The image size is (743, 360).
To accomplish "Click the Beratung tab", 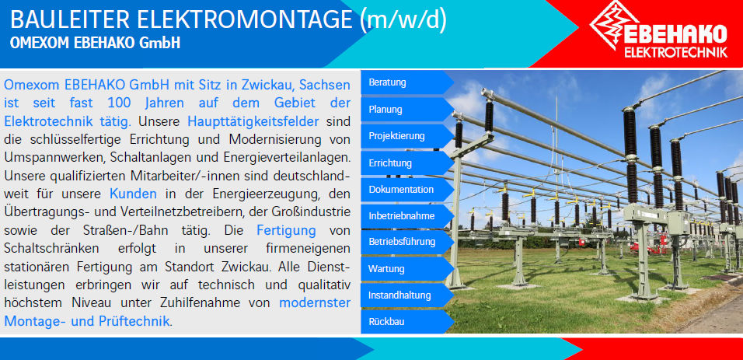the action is click(x=407, y=82).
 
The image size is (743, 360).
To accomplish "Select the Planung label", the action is click(x=407, y=110).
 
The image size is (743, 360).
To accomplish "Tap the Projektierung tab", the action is click(x=407, y=136).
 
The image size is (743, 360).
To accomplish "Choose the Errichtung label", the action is click(x=407, y=163).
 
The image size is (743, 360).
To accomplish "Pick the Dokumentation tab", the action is click(x=407, y=190).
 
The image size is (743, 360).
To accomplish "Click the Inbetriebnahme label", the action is click(x=407, y=216).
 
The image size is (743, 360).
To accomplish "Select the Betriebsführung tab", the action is click(x=407, y=242).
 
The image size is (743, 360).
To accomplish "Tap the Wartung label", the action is click(x=407, y=269).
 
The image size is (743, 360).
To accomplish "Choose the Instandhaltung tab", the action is click(x=407, y=295).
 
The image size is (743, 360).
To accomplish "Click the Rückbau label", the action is click(x=407, y=322).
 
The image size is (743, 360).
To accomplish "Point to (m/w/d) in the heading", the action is click(x=403, y=21).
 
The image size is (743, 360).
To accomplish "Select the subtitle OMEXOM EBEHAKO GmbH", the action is click(x=95, y=43).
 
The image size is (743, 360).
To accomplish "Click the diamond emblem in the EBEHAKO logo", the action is click(x=614, y=25).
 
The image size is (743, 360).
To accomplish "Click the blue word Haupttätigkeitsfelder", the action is click(x=253, y=122).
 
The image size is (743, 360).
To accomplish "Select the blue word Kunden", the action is click(x=133, y=194).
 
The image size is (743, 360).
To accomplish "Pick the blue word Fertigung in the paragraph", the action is click(x=286, y=230).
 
